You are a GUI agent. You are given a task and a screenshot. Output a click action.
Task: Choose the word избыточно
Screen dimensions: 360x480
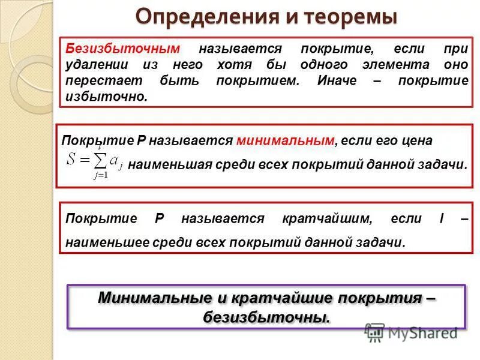pos(106,96)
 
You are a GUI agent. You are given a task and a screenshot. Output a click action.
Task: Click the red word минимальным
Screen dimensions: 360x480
pos(285,140)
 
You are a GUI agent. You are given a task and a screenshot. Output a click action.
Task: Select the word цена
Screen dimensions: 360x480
pos(418,140)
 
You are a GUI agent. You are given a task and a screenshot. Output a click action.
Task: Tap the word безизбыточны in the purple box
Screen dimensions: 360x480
pos(266,316)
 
